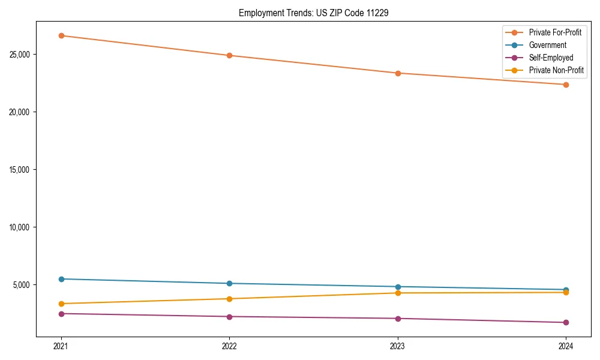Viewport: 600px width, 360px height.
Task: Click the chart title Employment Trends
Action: (x=313, y=13)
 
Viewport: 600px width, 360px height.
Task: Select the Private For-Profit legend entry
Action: (x=555, y=32)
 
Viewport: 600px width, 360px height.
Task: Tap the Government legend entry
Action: (x=547, y=45)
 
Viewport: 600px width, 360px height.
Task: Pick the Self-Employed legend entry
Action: (x=551, y=58)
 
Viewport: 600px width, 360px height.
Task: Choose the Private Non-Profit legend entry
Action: (x=556, y=71)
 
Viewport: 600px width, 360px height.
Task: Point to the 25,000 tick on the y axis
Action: (x=20, y=55)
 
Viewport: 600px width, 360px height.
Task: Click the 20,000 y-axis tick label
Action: (x=20, y=112)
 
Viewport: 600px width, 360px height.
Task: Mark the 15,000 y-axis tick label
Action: (x=20, y=170)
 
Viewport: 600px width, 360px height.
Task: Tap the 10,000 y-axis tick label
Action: (x=20, y=227)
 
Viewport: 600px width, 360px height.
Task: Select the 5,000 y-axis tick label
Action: (x=22, y=285)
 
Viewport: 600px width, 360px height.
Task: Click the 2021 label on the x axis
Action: (x=61, y=346)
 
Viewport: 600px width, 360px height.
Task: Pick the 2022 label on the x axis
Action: (x=229, y=346)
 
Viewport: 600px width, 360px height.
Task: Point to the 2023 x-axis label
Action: (x=398, y=346)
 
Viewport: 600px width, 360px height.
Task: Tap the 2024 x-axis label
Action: (x=566, y=346)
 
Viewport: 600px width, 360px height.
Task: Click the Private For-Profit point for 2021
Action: (x=61, y=35)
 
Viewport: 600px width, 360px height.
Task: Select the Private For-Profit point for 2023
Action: (x=398, y=73)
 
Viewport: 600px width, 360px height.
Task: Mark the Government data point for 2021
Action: (x=61, y=279)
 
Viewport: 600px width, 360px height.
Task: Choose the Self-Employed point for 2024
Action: (x=566, y=323)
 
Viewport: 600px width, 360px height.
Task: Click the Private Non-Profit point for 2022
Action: (x=229, y=299)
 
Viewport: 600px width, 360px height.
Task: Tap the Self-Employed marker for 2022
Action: (x=229, y=317)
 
